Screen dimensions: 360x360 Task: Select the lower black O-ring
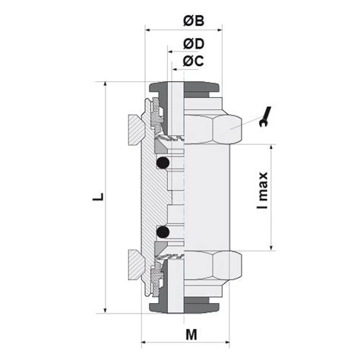162,231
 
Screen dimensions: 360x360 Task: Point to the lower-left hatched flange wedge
134,266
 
